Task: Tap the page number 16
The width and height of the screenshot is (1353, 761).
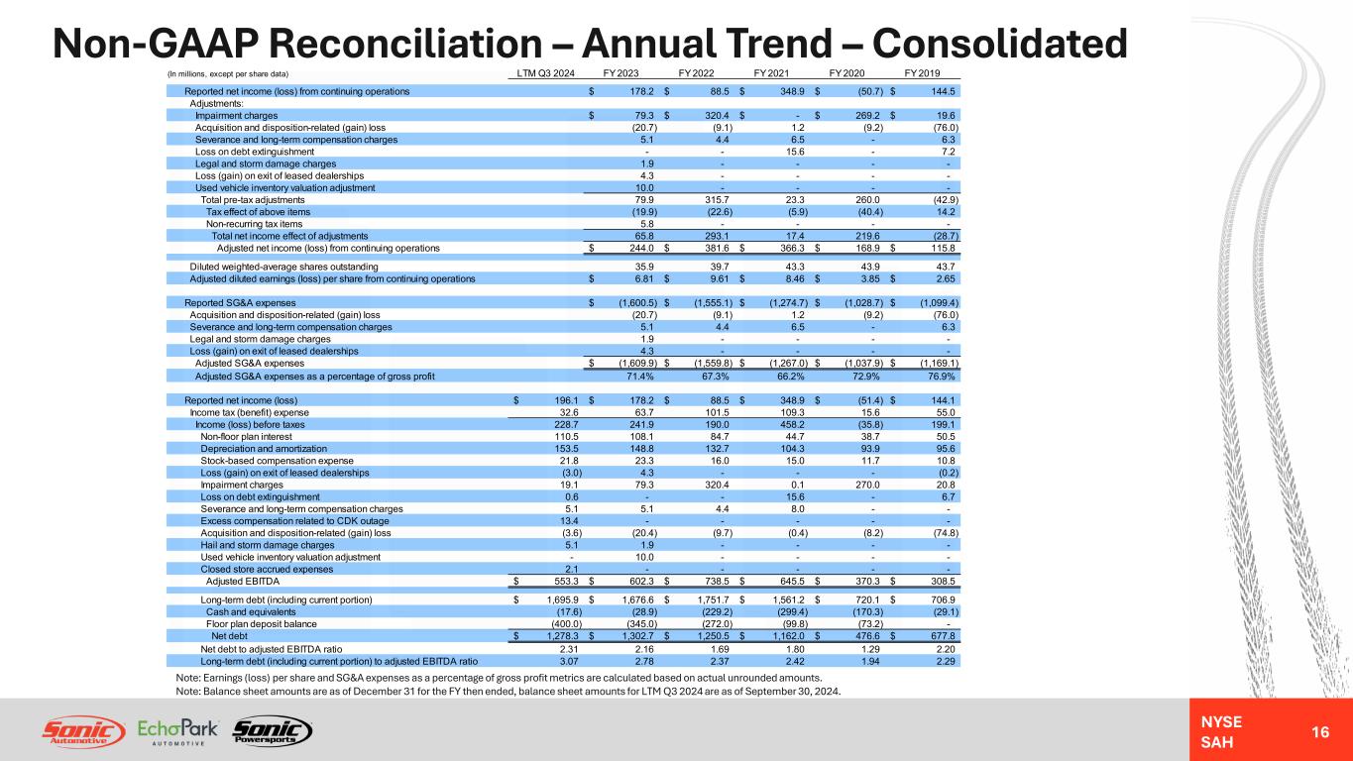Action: (x=1318, y=731)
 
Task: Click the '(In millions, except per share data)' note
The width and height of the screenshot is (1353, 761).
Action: (x=227, y=73)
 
